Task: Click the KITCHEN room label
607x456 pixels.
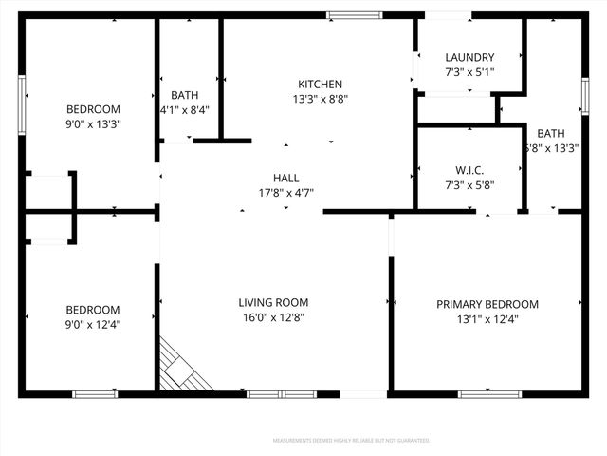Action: [320, 85]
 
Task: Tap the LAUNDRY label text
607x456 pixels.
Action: [469, 58]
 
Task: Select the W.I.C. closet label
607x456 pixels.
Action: [469, 171]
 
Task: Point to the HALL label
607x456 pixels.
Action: [285, 178]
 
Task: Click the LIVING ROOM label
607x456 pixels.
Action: [273, 303]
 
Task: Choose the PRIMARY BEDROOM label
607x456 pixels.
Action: [487, 305]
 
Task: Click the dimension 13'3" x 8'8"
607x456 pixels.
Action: [320, 99]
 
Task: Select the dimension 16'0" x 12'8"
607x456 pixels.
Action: [273, 317]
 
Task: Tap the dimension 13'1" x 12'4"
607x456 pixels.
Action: [487, 319]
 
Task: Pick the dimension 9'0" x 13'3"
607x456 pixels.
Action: [93, 123]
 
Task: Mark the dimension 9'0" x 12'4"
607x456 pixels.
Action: [93, 324]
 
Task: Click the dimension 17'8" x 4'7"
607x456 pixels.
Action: [285, 192]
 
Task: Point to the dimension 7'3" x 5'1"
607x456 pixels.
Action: [469, 72]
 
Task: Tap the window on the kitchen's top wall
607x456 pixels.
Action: [355, 15]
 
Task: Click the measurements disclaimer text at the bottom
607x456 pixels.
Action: [351, 441]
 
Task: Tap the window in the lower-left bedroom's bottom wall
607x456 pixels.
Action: [95, 393]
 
